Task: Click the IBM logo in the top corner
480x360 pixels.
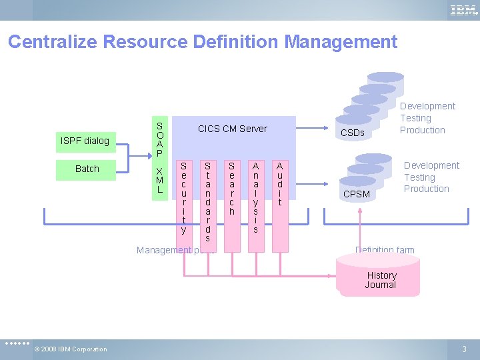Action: tap(463, 10)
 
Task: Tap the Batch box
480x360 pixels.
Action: tap(87, 169)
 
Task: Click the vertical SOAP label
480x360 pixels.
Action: tap(159, 140)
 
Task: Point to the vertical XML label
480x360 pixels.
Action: tap(159, 180)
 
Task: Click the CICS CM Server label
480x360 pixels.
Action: tap(232, 129)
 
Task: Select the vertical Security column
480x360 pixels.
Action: tap(183, 197)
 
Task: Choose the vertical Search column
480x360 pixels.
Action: tap(231, 187)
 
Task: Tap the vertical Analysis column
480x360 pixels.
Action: tap(255, 197)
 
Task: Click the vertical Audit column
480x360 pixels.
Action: tap(280, 183)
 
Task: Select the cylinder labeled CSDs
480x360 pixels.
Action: tap(353, 133)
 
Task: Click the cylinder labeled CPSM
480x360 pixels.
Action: tap(356, 194)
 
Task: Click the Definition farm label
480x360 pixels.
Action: tap(385, 251)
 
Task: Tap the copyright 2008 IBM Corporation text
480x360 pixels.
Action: tap(71, 349)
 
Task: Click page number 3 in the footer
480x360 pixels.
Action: tap(465, 349)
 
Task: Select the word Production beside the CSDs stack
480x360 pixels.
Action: tap(422, 130)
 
